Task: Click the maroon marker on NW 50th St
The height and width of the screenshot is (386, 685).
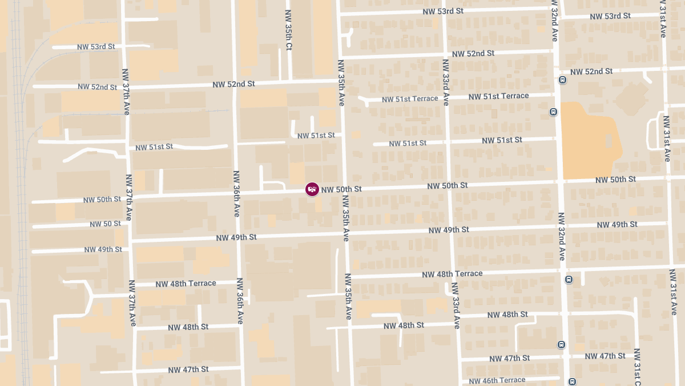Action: point(312,189)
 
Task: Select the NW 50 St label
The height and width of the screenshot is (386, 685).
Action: point(105,224)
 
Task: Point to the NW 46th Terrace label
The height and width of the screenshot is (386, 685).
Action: point(497,380)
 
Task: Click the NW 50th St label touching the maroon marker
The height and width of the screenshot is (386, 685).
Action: point(341,189)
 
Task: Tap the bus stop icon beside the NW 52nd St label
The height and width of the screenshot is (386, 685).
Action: point(562,80)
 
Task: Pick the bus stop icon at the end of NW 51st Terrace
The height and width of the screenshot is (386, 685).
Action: point(553,112)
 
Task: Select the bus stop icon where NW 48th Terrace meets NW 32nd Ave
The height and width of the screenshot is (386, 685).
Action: point(569,279)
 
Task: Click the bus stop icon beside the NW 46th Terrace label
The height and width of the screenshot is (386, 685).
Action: point(572,381)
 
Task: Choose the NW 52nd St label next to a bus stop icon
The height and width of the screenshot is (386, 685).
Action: point(591,71)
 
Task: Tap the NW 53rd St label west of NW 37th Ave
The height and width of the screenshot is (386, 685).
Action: point(95,46)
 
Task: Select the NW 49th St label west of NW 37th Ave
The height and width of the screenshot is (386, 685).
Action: point(103,250)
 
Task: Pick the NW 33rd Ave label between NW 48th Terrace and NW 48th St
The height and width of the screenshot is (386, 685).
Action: point(456,305)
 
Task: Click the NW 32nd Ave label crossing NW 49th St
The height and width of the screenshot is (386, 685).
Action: point(562,236)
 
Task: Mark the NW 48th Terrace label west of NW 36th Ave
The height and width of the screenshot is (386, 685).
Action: point(186,284)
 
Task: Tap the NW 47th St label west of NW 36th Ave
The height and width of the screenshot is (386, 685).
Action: point(188,370)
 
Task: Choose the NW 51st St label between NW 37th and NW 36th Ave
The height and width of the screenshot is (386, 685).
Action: point(154,147)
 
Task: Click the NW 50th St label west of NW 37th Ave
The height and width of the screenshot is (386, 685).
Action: point(102,200)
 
